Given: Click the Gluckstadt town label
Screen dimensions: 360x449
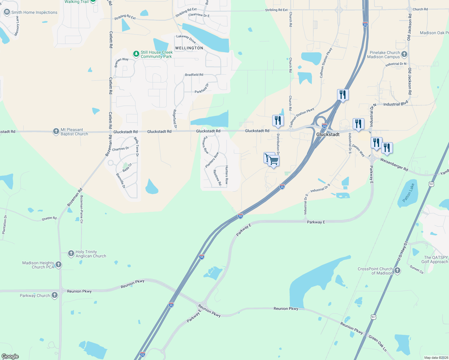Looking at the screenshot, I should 328,134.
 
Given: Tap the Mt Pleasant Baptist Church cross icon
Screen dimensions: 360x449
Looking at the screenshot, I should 56,131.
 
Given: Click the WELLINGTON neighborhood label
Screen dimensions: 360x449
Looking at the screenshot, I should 189,48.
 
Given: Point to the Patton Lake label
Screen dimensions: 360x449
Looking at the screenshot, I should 408,193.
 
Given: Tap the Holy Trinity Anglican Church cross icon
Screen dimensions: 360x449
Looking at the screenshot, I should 71,254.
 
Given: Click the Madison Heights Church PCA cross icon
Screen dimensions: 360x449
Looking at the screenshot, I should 59,265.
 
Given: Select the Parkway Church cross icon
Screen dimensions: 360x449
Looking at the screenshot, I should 54,295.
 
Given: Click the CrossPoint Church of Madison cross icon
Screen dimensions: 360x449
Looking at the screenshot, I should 397,271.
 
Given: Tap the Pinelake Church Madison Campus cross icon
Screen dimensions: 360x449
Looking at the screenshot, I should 404,54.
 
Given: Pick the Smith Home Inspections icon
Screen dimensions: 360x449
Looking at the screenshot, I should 7,12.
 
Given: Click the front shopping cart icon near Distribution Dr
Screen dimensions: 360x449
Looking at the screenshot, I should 274,161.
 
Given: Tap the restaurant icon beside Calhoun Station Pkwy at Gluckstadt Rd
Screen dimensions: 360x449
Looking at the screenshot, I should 278,121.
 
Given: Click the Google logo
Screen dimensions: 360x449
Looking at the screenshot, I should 10,356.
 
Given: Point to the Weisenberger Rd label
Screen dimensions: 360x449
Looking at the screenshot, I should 394,165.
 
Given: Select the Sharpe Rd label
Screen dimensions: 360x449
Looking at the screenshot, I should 49,218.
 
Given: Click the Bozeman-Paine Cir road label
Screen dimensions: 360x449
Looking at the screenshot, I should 81,209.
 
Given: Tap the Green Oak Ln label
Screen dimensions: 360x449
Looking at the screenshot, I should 378,343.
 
